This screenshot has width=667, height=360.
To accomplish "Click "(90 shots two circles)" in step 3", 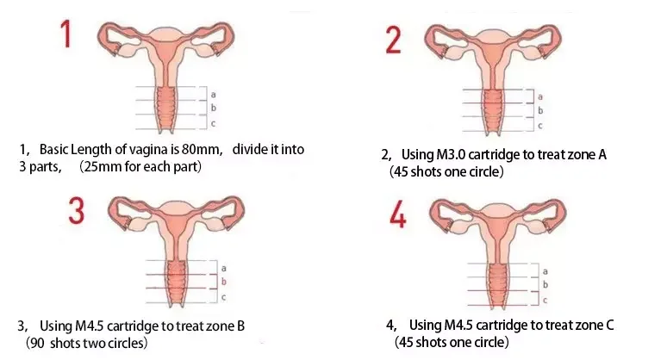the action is pyautogui.click(x=84, y=343).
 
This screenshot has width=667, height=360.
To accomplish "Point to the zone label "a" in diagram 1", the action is pyautogui.click(x=213, y=94).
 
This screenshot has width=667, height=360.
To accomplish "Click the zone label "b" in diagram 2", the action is pyautogui.click(x=540, y=110).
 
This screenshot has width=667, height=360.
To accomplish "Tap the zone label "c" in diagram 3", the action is pyautogui.click(x=224, y=297).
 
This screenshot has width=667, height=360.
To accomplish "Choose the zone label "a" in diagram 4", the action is pyautogui.click(x=544, y=271).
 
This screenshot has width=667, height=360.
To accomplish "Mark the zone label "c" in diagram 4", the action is pyautogui.click(x=544, y=300).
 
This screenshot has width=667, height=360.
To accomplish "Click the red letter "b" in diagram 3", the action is pyautogui.click(x=224, y=282).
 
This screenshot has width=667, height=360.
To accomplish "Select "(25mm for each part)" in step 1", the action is pyautogui.click(x=140, y=165).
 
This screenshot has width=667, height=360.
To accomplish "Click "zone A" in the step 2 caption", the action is pyautogui.click(x=588, y=155).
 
